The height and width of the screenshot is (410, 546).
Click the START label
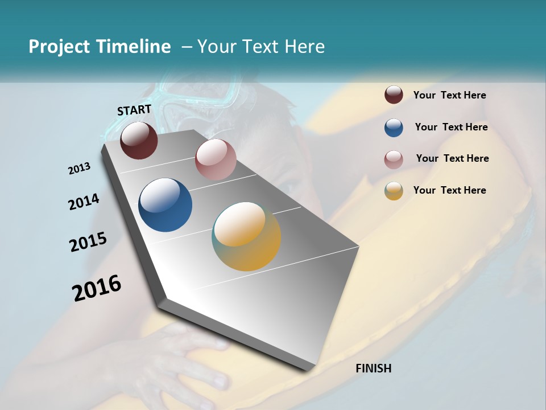(x=134, y=110)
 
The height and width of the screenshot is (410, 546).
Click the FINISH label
(x=373, y=368)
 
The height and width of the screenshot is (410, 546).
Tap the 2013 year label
(x=79, y=169)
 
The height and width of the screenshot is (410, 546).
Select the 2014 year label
(x=84, y=202)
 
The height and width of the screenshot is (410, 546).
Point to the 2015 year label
(x=88, y=241)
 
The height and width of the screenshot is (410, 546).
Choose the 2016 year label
(x=97, y=288)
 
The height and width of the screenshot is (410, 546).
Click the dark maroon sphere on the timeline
(x=139, y=140)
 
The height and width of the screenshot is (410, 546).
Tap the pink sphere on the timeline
(x=216, y=159)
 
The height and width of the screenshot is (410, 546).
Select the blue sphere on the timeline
(x=165, y=204)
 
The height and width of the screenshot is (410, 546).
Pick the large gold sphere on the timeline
(x=246, y=236)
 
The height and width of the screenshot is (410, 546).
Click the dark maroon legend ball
(x=394, y=95)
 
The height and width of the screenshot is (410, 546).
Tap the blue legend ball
(x=394, y=128)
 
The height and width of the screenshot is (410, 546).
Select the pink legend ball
(x=394, y=159)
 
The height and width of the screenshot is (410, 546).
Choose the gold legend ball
(x=394, y=191)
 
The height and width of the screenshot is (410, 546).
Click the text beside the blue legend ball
(x=451, y=127)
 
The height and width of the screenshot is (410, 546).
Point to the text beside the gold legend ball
(x=449, y=190)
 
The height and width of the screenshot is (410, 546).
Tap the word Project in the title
(x=58, y=47)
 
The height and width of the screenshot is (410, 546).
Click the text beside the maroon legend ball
(x=449, y=95)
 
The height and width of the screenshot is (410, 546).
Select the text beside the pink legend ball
(x=452, y=158)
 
